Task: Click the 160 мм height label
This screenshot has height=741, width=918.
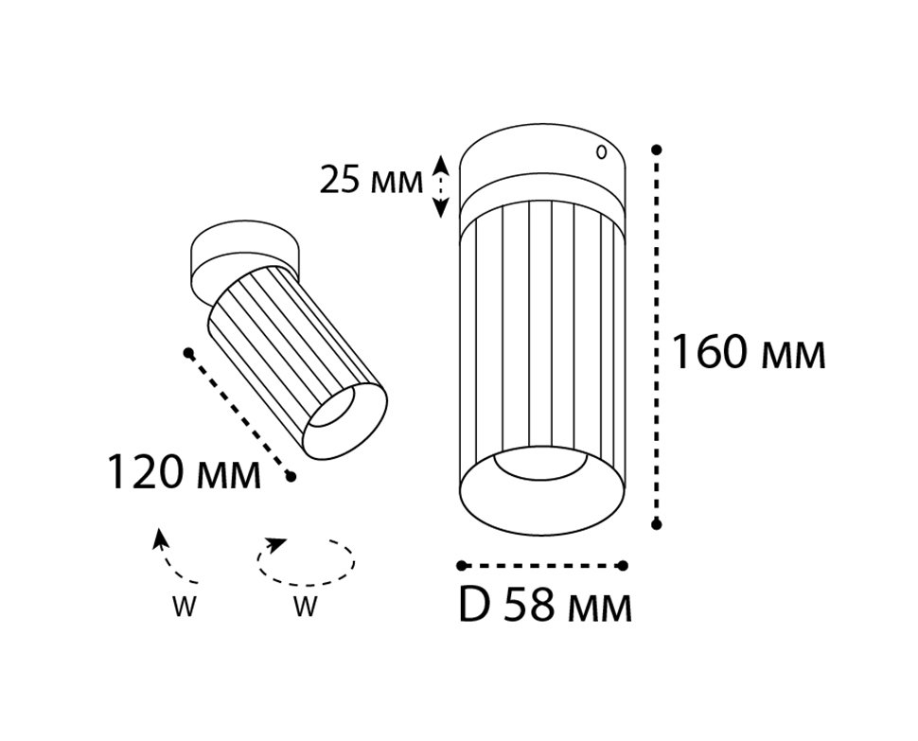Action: pos(748,351)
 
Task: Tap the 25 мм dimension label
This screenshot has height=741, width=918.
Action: pos(371,180)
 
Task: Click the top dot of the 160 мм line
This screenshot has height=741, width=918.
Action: pos(656,150)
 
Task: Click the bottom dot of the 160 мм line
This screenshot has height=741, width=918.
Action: pos(656,524)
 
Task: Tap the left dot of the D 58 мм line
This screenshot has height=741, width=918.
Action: pos(462,565)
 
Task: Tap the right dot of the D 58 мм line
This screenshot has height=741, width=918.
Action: pos(623,565)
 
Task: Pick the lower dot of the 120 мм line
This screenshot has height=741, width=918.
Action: pos(291,478)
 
